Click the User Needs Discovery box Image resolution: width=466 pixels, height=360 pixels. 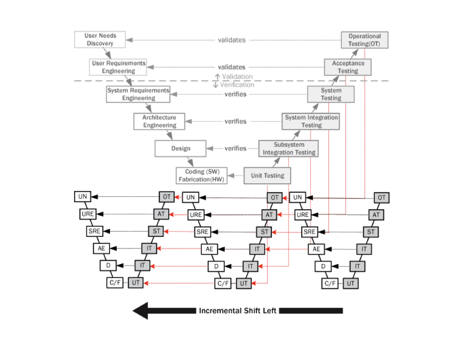point(100,39)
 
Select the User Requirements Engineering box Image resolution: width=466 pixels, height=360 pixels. point(119,67)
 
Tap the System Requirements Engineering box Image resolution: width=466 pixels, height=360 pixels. point(138,94)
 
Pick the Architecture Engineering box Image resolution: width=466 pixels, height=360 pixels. point(159,121)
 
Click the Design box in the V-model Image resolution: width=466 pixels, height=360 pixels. point(181,148)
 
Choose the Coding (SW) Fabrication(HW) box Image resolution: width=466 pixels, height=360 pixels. point(201,176)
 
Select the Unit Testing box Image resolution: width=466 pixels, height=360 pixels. point(267,176)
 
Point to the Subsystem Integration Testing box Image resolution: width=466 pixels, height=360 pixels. point(288,148)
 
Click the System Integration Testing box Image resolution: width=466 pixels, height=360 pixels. point(311,121)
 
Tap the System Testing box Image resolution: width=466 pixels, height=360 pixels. point(331,94)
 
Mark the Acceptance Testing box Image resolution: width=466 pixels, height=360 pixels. point(348,67)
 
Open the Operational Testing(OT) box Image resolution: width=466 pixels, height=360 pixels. point(364,40)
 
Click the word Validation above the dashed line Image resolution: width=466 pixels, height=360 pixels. point(238,76)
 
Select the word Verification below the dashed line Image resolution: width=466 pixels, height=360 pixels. point(237,85)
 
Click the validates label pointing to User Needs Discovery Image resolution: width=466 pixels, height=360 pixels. point(232,40)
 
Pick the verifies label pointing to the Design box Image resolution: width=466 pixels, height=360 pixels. point(236,148)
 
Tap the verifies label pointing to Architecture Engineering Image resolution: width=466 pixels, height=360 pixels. point(236,121)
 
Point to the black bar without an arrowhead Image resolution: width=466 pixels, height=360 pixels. point(311,311)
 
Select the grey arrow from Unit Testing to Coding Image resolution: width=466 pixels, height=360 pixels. point(236,176)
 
